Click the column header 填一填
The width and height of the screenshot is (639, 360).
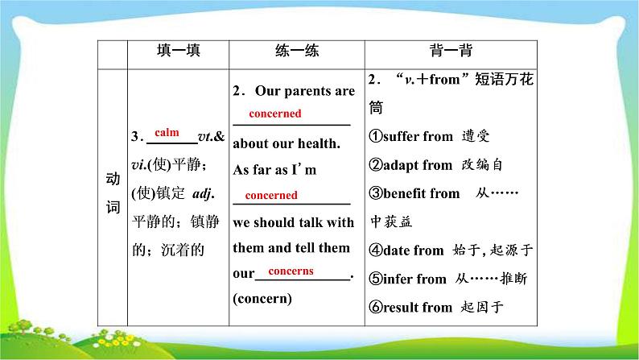click(x=179, y=51)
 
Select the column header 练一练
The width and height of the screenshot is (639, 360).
click(x=297, y=51)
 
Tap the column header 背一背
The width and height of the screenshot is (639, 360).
click(x=451, y=51)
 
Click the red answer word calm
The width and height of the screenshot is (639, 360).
click(x=167, y=133)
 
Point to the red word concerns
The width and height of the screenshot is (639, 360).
click(x=291, y=271)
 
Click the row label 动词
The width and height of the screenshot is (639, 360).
click(x=113, y=192)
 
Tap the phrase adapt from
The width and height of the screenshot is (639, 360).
click(x=418, y=165)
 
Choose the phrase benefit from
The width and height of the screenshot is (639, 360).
click(x=422, y=193)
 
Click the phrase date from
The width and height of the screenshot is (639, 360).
click(x=413, y=250)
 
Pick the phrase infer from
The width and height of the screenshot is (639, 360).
click(x=414, y=279)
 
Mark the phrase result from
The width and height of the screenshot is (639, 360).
click(x=418, y=307)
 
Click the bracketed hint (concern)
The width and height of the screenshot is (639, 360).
click(x=262, y=299)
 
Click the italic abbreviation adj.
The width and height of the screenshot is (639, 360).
click(x=204, y=193)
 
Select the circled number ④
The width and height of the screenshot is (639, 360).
click(x=376, y=250)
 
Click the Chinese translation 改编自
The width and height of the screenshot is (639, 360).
click(x=482, y=165)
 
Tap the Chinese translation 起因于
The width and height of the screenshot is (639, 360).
click(x=482, y=307)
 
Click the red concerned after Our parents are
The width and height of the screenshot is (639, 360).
click(x=275, y=114)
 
